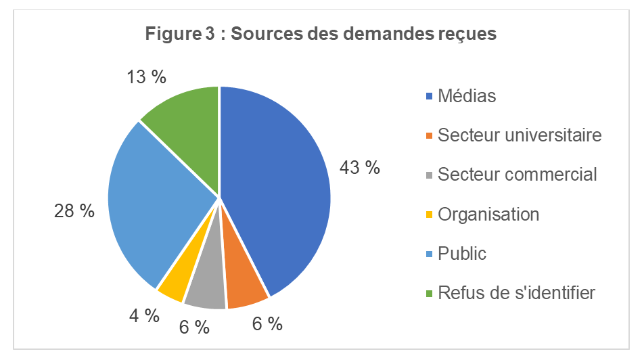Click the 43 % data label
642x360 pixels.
point(359,167)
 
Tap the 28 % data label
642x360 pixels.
point(74,210)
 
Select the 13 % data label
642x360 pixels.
point(147,76)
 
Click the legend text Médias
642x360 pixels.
point(467,96)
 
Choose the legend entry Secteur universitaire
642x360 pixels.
point(520,135)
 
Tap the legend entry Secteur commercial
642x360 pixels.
point(518,175)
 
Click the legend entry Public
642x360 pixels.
point(462,254)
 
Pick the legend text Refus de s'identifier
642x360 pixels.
point(517,293)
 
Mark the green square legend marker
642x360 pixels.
point(429,294)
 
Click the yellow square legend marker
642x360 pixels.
point(429,215)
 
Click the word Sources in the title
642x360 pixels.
point(266,34)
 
